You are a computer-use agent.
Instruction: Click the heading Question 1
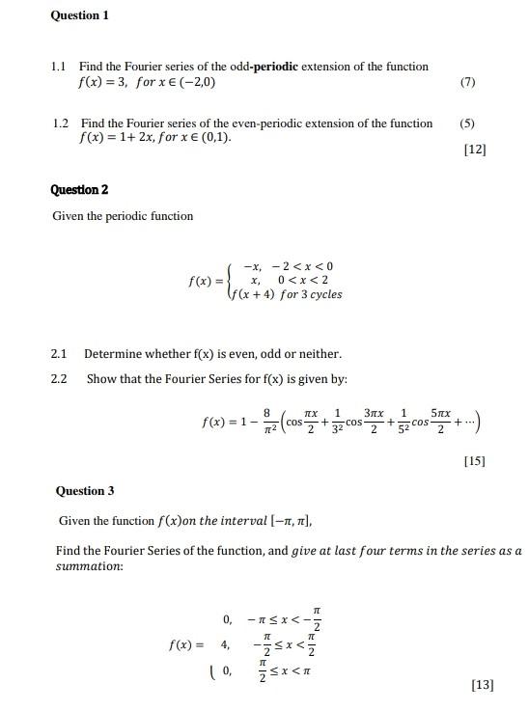click(79, 15)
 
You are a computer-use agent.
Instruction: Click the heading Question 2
click(80, 189)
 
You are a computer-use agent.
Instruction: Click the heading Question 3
click(85, 491)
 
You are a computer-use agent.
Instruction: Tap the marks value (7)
click(467, 83)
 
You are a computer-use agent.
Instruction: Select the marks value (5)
click(467, 123)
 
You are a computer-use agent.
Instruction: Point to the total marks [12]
click(475, 150)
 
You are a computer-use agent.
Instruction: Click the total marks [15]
click(474, 461)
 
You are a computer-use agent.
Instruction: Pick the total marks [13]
click(482, 685)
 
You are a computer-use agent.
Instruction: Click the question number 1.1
click(58, 67)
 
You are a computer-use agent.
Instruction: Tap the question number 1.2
click(61, 123)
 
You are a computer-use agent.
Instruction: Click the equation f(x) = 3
click(100, 83)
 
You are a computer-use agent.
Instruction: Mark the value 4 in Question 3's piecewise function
click(225, 643)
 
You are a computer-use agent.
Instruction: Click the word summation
click(90, 565)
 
